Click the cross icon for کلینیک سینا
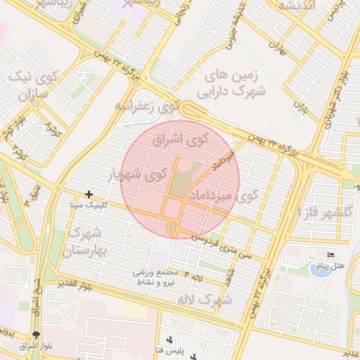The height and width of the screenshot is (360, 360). point(89,193)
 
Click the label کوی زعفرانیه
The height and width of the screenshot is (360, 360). point(144,107)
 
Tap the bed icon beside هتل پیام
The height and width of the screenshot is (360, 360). point(331,254)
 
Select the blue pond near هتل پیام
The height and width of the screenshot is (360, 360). point(320,269)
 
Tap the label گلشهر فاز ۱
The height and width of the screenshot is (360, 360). point(328,211)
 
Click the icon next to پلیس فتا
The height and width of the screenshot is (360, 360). point(168,340)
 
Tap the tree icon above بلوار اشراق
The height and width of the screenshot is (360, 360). point(37,335)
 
